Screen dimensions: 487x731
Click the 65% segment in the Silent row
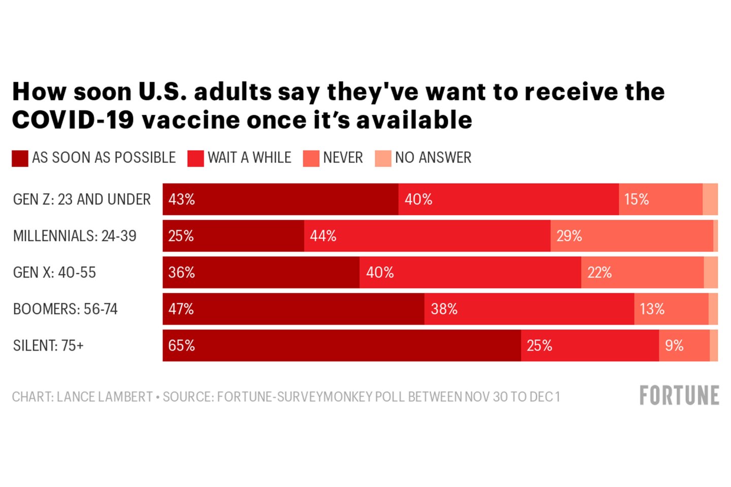[x=342, y=345]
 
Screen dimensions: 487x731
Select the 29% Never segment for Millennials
[x=632, y=236]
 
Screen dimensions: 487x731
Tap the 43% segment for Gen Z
[x=280, y=199]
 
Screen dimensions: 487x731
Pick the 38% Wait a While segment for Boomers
[x=529, y=309]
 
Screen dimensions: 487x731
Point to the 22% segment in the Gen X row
[x=642, y=272]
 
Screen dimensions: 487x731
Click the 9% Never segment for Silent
[x=684, y=345]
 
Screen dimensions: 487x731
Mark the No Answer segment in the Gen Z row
[x=710, y=199]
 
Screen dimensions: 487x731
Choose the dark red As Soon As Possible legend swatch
[x=20, y=158]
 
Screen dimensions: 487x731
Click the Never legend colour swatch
[x=311, y=158]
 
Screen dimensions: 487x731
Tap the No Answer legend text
[x=433, y=157]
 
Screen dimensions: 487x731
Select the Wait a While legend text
[x=249, y=157]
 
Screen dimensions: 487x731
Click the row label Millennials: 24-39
[x=75, y=236]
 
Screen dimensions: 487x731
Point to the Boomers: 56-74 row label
[x=65, y=309]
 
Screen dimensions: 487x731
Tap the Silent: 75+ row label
[x=48, y=345]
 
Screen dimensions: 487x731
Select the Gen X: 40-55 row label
[x=54, y=272]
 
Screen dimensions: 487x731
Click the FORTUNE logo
[x=679, y=396]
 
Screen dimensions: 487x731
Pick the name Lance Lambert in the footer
[x=105, y=397]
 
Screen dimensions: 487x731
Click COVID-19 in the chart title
[x=73, y=120]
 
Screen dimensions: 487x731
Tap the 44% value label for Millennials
[x=323, y=236]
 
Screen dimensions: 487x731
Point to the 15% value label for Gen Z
[x=636, y=199]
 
